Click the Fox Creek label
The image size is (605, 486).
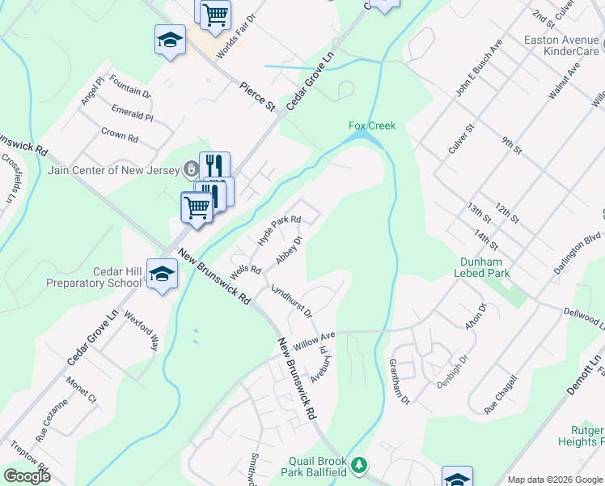tap(371, 126)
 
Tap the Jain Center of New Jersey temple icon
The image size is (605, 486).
tap(191, 168)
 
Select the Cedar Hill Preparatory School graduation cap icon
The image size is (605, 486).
tap(162, 274)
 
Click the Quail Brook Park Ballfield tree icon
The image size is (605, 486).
tap(359, 465)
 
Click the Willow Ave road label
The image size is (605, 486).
tap(314, 340)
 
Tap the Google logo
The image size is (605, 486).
tap(26, 475)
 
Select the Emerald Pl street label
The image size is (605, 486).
tap(132, 116)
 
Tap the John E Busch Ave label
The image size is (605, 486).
tap(469, 80)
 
